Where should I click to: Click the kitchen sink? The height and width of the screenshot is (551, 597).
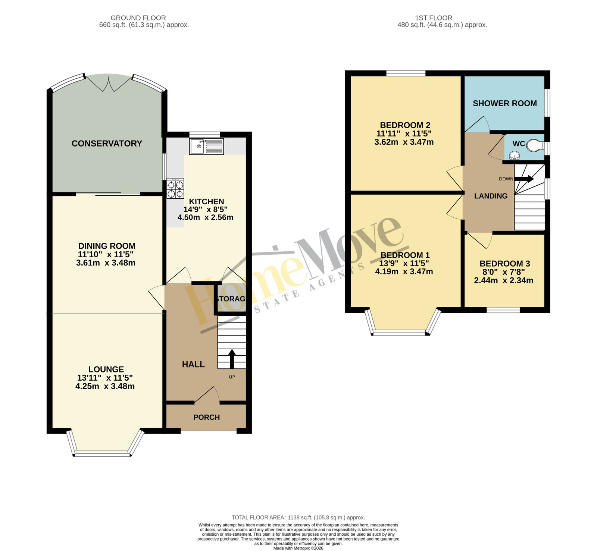(207, 146)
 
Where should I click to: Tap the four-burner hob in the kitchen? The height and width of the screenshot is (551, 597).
(175, 188)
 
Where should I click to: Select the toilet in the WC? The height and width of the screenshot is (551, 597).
(535, 145)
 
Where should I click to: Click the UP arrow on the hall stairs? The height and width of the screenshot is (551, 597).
(232, 359)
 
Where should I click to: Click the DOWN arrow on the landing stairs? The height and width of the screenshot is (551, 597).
(524, 179)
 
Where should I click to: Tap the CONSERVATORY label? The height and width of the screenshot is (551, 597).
(107, 144)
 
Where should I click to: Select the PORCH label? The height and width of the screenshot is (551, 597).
(206, 417)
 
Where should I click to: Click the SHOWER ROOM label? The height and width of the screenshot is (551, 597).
(505, 103)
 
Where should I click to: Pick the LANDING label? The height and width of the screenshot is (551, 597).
(491, 196)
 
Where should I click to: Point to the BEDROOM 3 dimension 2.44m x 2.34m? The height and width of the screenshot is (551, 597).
(504, 280)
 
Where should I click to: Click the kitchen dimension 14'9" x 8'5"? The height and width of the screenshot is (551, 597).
(206, 209)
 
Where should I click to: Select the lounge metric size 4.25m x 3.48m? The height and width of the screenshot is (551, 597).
(105, 386)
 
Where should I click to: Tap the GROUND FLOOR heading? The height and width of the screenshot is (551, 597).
(138, 18)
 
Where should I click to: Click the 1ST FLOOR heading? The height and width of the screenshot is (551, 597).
(434, 18)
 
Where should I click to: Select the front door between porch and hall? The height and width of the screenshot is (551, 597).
(207, 395)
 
